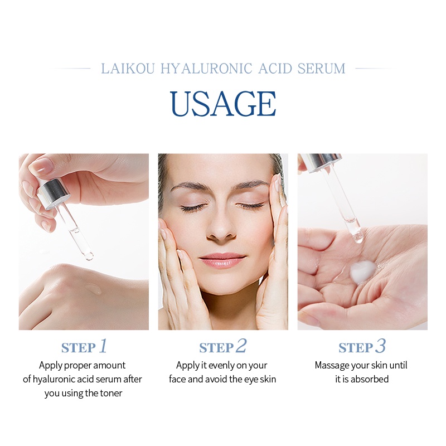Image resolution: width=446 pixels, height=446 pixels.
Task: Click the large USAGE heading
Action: (x=223, y=104)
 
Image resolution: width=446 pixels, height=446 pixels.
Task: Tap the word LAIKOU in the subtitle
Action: (x=128, y=69)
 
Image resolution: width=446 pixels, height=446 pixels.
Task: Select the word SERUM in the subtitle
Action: (x=322, y=69)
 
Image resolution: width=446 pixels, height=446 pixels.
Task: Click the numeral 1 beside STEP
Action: (x=103, y=346)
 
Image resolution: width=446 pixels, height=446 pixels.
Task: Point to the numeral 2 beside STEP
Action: (x=241, y=346)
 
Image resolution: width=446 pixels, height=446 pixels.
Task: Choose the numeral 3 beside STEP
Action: (x=381, y=346)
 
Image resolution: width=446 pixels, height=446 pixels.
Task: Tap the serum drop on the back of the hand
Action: (x=93, y=288)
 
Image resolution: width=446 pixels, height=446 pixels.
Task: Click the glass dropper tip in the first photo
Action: (x=89, y=256)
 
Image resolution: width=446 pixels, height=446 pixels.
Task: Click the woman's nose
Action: (x=221, y=227)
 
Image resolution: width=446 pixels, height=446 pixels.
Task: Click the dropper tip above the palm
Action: (x=357, y=238)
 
